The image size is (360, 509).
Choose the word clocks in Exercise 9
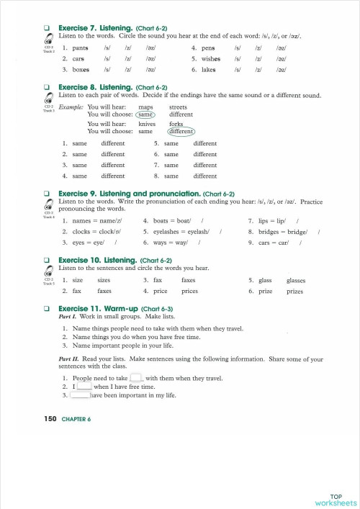click(x=83, y=231)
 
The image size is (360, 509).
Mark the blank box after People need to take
click(x=137, y=377)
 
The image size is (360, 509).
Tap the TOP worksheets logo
click(x=336, y=499)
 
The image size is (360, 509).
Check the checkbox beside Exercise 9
click(x=47, y=194)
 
